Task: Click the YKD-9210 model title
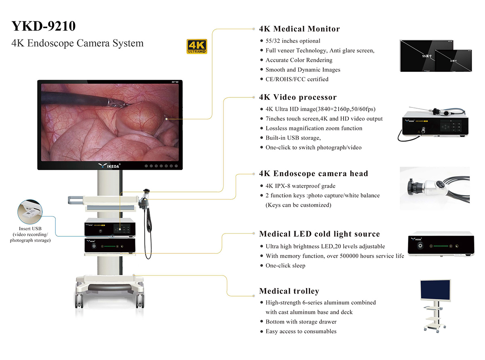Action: click(44, 26)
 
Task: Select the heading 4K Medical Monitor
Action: click(299, 29)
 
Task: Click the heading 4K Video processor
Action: click(297, 97)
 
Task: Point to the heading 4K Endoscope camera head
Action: click(313, 174)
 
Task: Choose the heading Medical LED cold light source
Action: click(319, 234)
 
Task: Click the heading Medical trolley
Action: click(289, 291)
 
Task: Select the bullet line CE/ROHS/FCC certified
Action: click(297, 79)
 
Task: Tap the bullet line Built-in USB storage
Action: click(293, 138)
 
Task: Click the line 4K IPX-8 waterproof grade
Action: click(300, 186)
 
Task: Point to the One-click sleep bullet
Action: click(285, 266)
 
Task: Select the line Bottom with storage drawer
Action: click(301, 322)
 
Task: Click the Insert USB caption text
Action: click(30, 235)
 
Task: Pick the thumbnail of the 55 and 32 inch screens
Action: click(436, 56)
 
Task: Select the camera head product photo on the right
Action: click(434, 188)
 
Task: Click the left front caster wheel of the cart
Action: click(79, 299)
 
